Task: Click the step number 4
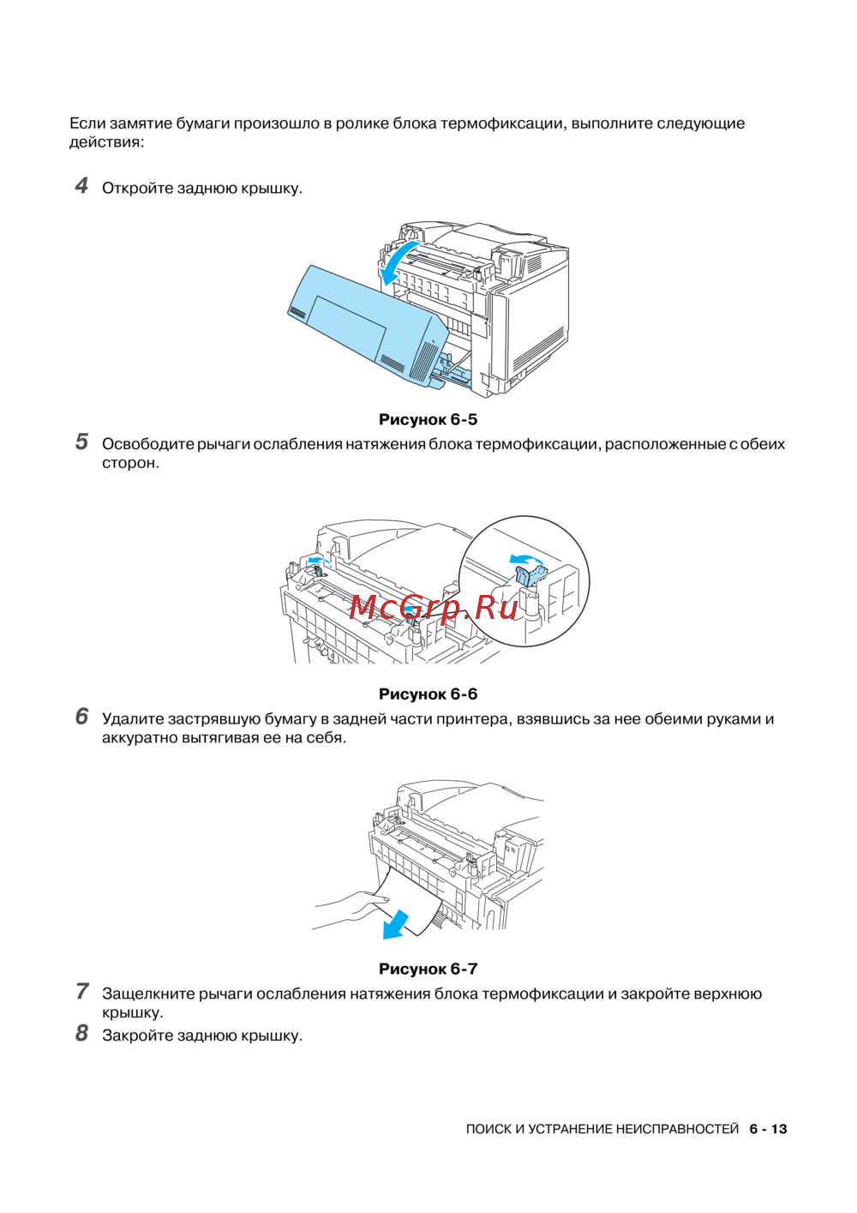point(81,186)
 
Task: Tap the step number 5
point(81,442)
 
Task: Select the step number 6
point(81,717)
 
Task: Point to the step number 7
point(81,992)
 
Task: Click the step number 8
point(81,1034)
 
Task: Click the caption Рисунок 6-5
point(428,419)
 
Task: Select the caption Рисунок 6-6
point(428,694)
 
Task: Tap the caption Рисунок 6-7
point(428,969)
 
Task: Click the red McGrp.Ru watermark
point(434,607)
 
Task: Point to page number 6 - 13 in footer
point(768,1129)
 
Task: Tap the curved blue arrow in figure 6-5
point(397,261)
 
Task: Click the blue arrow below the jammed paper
point(395,924)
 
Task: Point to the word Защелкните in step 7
point(148,994)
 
